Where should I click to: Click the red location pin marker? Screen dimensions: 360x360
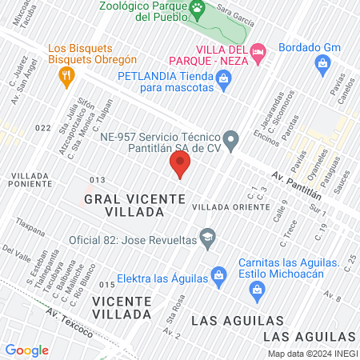coord(180,166)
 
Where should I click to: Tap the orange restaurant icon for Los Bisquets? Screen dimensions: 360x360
coord(66,75)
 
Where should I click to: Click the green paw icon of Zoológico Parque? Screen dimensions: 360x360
coord(197,6)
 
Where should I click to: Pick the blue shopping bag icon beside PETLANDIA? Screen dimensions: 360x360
coord(223,78)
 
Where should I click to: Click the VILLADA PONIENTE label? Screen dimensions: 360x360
coord(31,180)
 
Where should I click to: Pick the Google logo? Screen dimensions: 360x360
coord(27,350)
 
